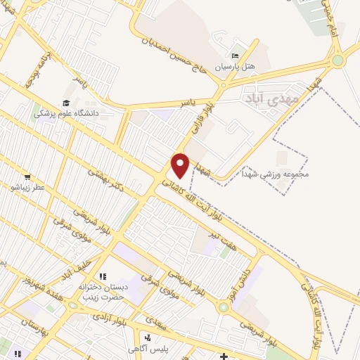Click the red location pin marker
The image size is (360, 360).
click(181, 165)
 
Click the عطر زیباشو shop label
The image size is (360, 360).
click(27, 188)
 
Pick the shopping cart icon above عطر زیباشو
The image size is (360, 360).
click(27, 177)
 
